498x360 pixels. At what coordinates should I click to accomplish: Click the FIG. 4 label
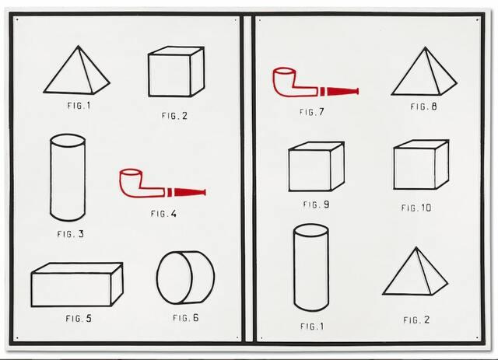pyautogui.click(x=163, y=214)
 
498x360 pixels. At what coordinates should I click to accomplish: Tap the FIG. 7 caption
pyautogui.click(x=311, y=112)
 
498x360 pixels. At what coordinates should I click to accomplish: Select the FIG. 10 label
pyautogui.click(x=416, y=208)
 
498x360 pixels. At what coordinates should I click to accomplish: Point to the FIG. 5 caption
pyautogui.click(x=79, y=318)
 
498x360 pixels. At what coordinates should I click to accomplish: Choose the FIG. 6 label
pyautogui.click(x=186, y=317)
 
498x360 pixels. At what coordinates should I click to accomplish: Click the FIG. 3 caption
pyautogui.click(x=71, y=234)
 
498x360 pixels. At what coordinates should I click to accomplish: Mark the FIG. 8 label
pyautogui.click(x=423, y=107)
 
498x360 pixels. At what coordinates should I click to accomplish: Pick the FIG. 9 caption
pyautogui.click(x=317, y=204)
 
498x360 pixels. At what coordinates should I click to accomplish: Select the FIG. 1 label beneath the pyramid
pyautogui.click(x=79, y=106)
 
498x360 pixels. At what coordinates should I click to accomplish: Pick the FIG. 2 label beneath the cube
pyautogui.click(x=174, y=116)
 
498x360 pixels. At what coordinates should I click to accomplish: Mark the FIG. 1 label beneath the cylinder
pyautogui.click(x=312, y=326)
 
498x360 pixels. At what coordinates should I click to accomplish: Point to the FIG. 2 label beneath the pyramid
pyautogui.click(x=416, y=320)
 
